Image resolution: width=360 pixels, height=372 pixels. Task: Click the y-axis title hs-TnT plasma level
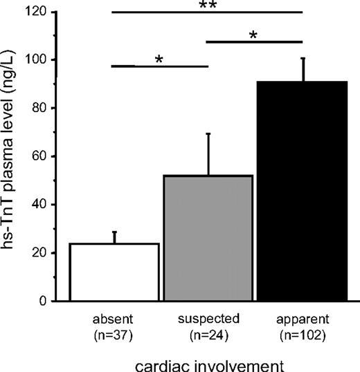13,156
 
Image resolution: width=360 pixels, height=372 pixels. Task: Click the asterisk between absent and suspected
159,60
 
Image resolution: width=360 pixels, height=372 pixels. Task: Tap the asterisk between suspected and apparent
253,35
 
